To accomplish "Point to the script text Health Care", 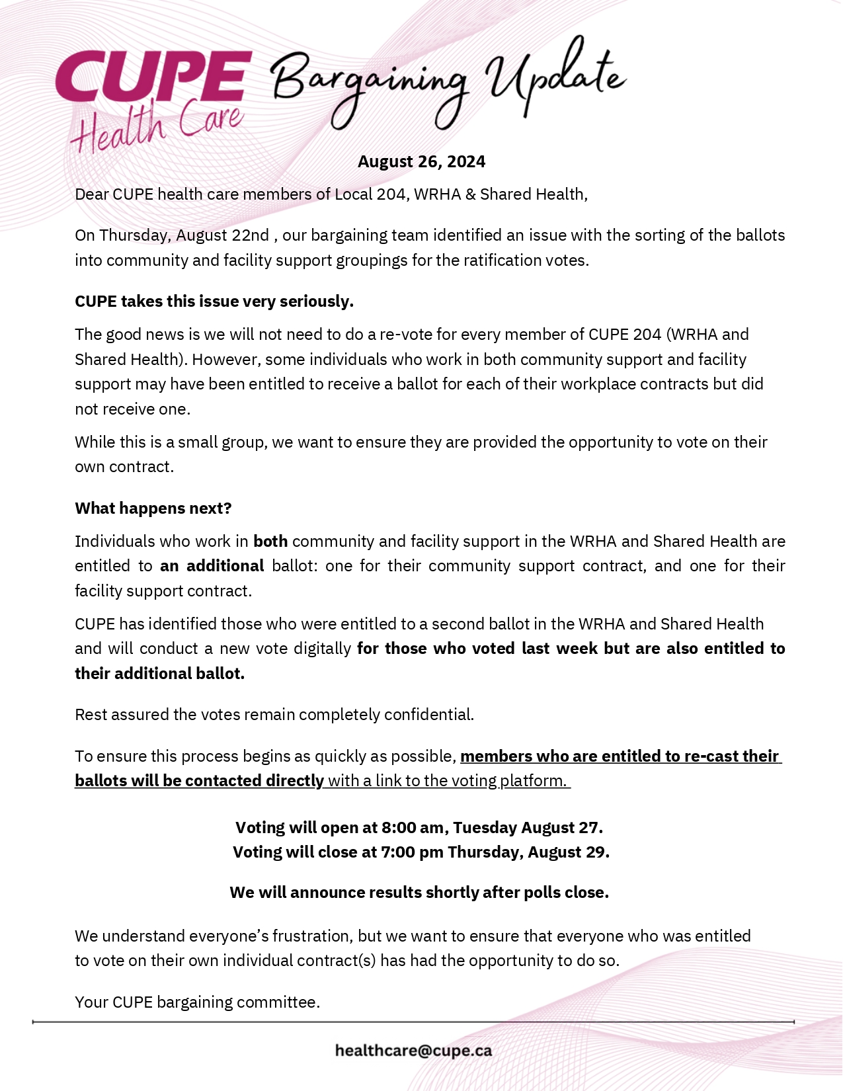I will (x=157, y=127).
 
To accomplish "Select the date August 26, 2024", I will (x=421, y=162).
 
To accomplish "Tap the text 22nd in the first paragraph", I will (x=251, y=235).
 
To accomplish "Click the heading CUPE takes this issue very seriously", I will (x=214, y=302).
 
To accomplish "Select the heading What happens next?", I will (x=153, y=508).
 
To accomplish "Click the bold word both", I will (x=270, y=542).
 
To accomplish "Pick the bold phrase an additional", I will (x=212, y=566).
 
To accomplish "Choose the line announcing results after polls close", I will (x=419, y=893).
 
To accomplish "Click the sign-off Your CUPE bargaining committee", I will (x=198, y=1002).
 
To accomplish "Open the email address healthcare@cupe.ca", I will (x=413, y=1051).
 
